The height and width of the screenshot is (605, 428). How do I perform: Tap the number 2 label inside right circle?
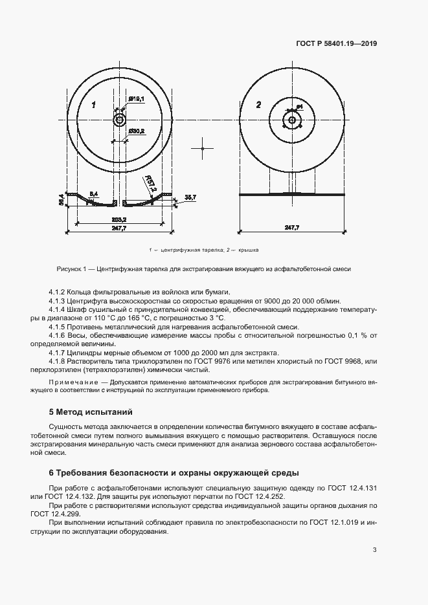point(258,105)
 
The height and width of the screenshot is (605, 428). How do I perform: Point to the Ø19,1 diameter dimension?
point(136,98)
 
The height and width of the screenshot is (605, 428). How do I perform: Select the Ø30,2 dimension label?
point(136,131)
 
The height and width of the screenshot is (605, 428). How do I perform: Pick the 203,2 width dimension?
point(119,219)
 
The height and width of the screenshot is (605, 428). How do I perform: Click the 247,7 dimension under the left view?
point(119,228)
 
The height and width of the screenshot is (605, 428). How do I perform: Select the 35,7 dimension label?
point(190,196)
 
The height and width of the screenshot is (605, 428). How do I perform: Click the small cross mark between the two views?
point(202,148)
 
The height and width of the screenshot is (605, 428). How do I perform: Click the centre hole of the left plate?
point(120,120)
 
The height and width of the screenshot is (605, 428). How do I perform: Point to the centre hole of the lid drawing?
point(292,120)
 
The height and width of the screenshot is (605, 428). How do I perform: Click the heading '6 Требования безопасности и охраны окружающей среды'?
point(174,472)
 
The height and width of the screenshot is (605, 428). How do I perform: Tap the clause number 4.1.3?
point(58,302)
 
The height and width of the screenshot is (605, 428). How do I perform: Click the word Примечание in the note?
point(71,383)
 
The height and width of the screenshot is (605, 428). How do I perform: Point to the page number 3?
point(374,550)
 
